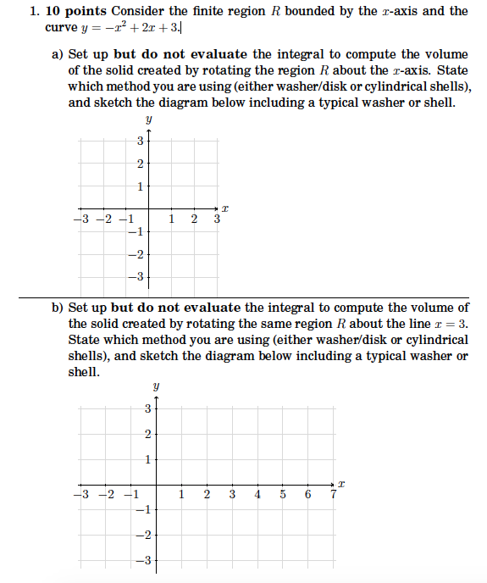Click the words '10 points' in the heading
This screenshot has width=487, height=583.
tap(73, 11)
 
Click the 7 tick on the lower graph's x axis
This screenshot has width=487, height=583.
tap(334, 496)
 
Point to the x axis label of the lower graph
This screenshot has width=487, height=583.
tap(341, 482)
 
